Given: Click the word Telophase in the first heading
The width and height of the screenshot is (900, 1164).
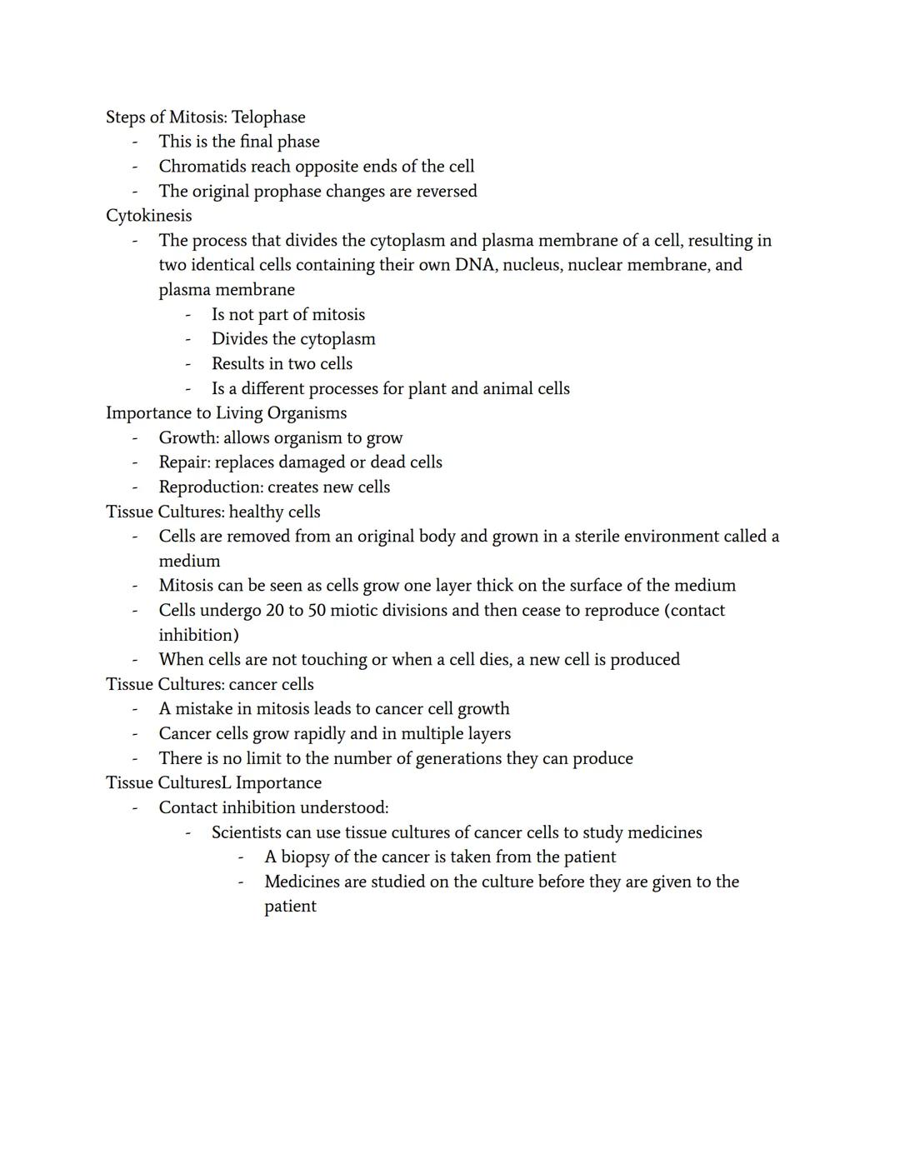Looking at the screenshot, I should click(268, 117).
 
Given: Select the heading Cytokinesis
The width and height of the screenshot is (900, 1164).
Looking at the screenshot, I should click(148, 216).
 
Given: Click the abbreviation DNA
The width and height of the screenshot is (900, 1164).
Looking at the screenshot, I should click(476, 265).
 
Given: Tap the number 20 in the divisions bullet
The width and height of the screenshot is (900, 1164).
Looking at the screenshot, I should click(275, 611).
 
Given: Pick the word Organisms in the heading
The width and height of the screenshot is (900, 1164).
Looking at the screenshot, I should click(306, 413).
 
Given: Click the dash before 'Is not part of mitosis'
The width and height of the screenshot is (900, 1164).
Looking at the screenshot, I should click(188, 315).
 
